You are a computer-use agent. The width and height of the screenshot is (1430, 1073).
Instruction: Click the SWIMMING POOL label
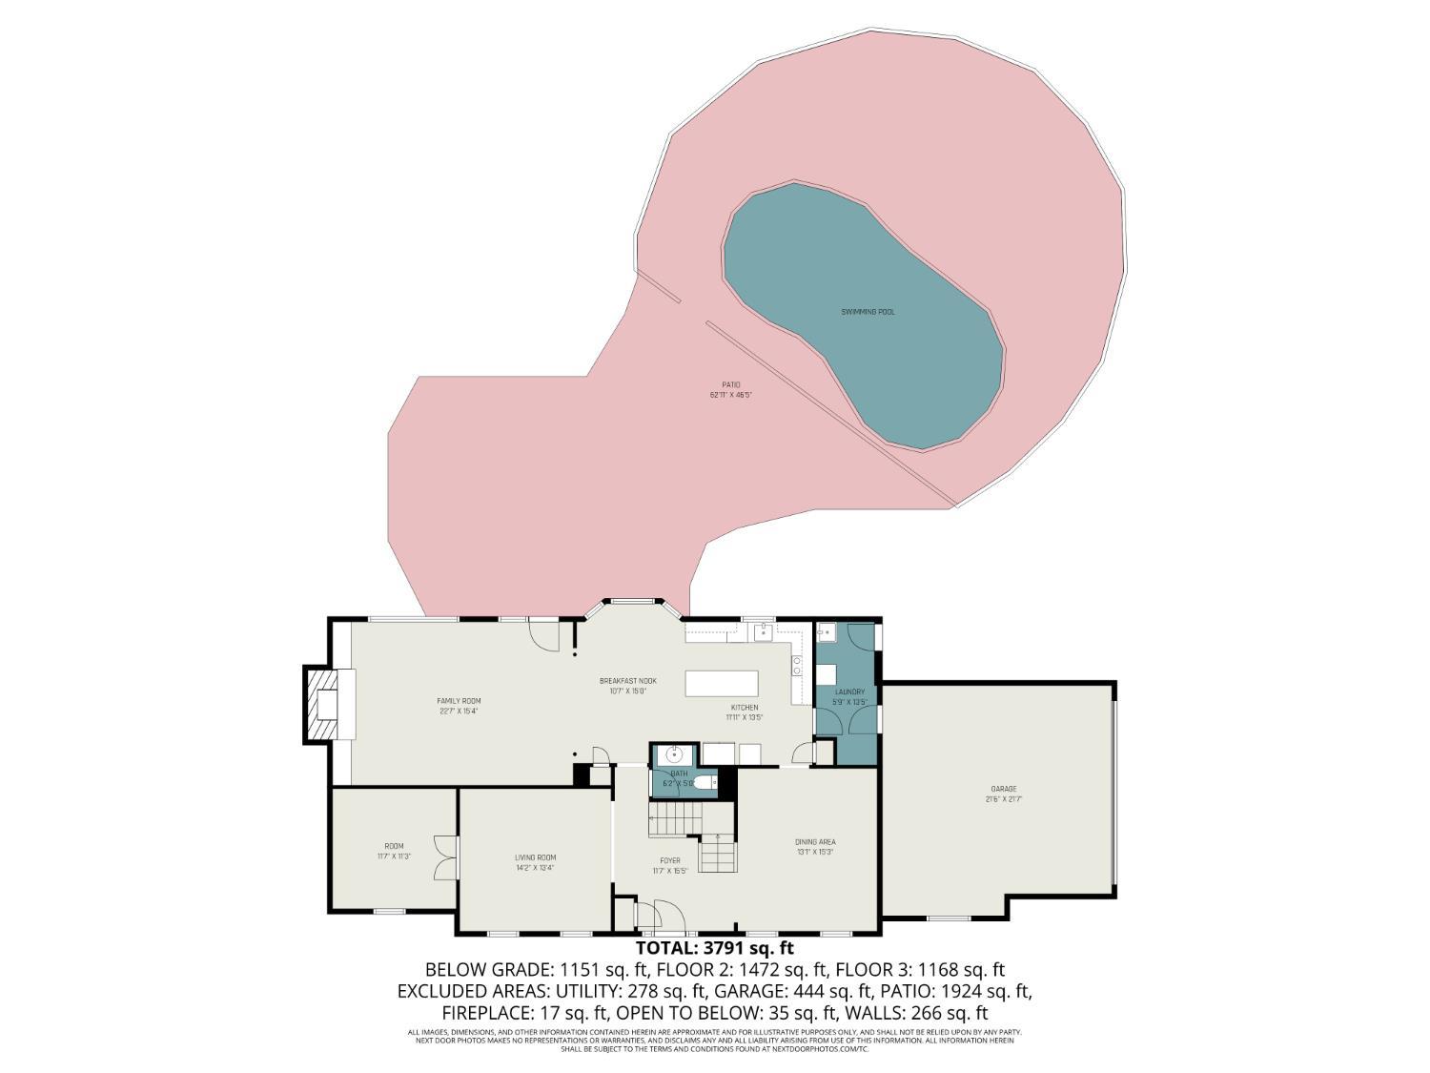click(868, 312)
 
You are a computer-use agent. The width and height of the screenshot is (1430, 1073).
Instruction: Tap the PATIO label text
click(731, 385)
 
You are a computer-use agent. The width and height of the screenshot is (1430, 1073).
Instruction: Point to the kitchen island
click(722, 684)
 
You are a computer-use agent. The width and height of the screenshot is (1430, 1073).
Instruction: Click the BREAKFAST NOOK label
click(627, 681)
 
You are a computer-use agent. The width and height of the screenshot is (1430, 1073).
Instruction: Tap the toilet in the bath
click(705, 783)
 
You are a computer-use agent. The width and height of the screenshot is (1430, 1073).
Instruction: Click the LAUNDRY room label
click(849, 691)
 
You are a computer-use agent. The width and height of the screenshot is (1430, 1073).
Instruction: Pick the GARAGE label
click(1003, 789)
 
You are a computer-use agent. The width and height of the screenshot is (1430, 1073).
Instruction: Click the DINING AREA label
click(815, 842)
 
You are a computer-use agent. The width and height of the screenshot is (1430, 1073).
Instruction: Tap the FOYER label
click(670, 860)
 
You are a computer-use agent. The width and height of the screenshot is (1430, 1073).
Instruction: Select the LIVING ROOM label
click(535, 857)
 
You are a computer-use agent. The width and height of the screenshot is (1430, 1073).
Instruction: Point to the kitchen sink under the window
click(763, 632)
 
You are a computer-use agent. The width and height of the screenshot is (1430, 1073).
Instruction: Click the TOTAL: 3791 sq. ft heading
click(714, 948)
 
